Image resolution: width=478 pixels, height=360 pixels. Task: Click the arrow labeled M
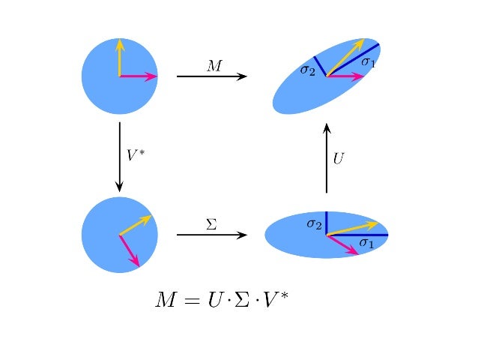coord(211,76)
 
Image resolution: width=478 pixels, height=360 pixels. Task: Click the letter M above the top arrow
coord(214,66)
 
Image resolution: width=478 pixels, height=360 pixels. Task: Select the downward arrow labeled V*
coord(120,157)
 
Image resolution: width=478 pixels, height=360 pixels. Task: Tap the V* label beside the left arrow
coord(136,155)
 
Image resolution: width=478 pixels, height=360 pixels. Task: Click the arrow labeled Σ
coord(211,235)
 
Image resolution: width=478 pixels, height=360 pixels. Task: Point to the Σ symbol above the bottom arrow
coord(211,223)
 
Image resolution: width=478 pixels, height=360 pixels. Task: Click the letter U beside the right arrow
coord(339,159)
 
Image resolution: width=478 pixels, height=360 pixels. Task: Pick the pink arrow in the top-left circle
coord(139,76)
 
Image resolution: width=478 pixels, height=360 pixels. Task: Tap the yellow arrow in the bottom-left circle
coord(136,225)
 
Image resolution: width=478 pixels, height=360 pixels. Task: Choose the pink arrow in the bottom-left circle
coord(130,250)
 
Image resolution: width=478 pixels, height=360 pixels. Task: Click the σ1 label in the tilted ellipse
coord(369,61)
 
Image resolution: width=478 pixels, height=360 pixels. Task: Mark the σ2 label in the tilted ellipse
coord(307,70)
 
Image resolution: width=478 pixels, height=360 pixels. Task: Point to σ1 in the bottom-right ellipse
coord(366,242)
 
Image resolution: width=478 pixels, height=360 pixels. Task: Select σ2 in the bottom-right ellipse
coord(314,223)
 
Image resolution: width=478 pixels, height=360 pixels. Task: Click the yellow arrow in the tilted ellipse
coord(345,57)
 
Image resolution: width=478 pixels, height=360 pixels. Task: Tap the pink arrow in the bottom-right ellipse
coord(343,244)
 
